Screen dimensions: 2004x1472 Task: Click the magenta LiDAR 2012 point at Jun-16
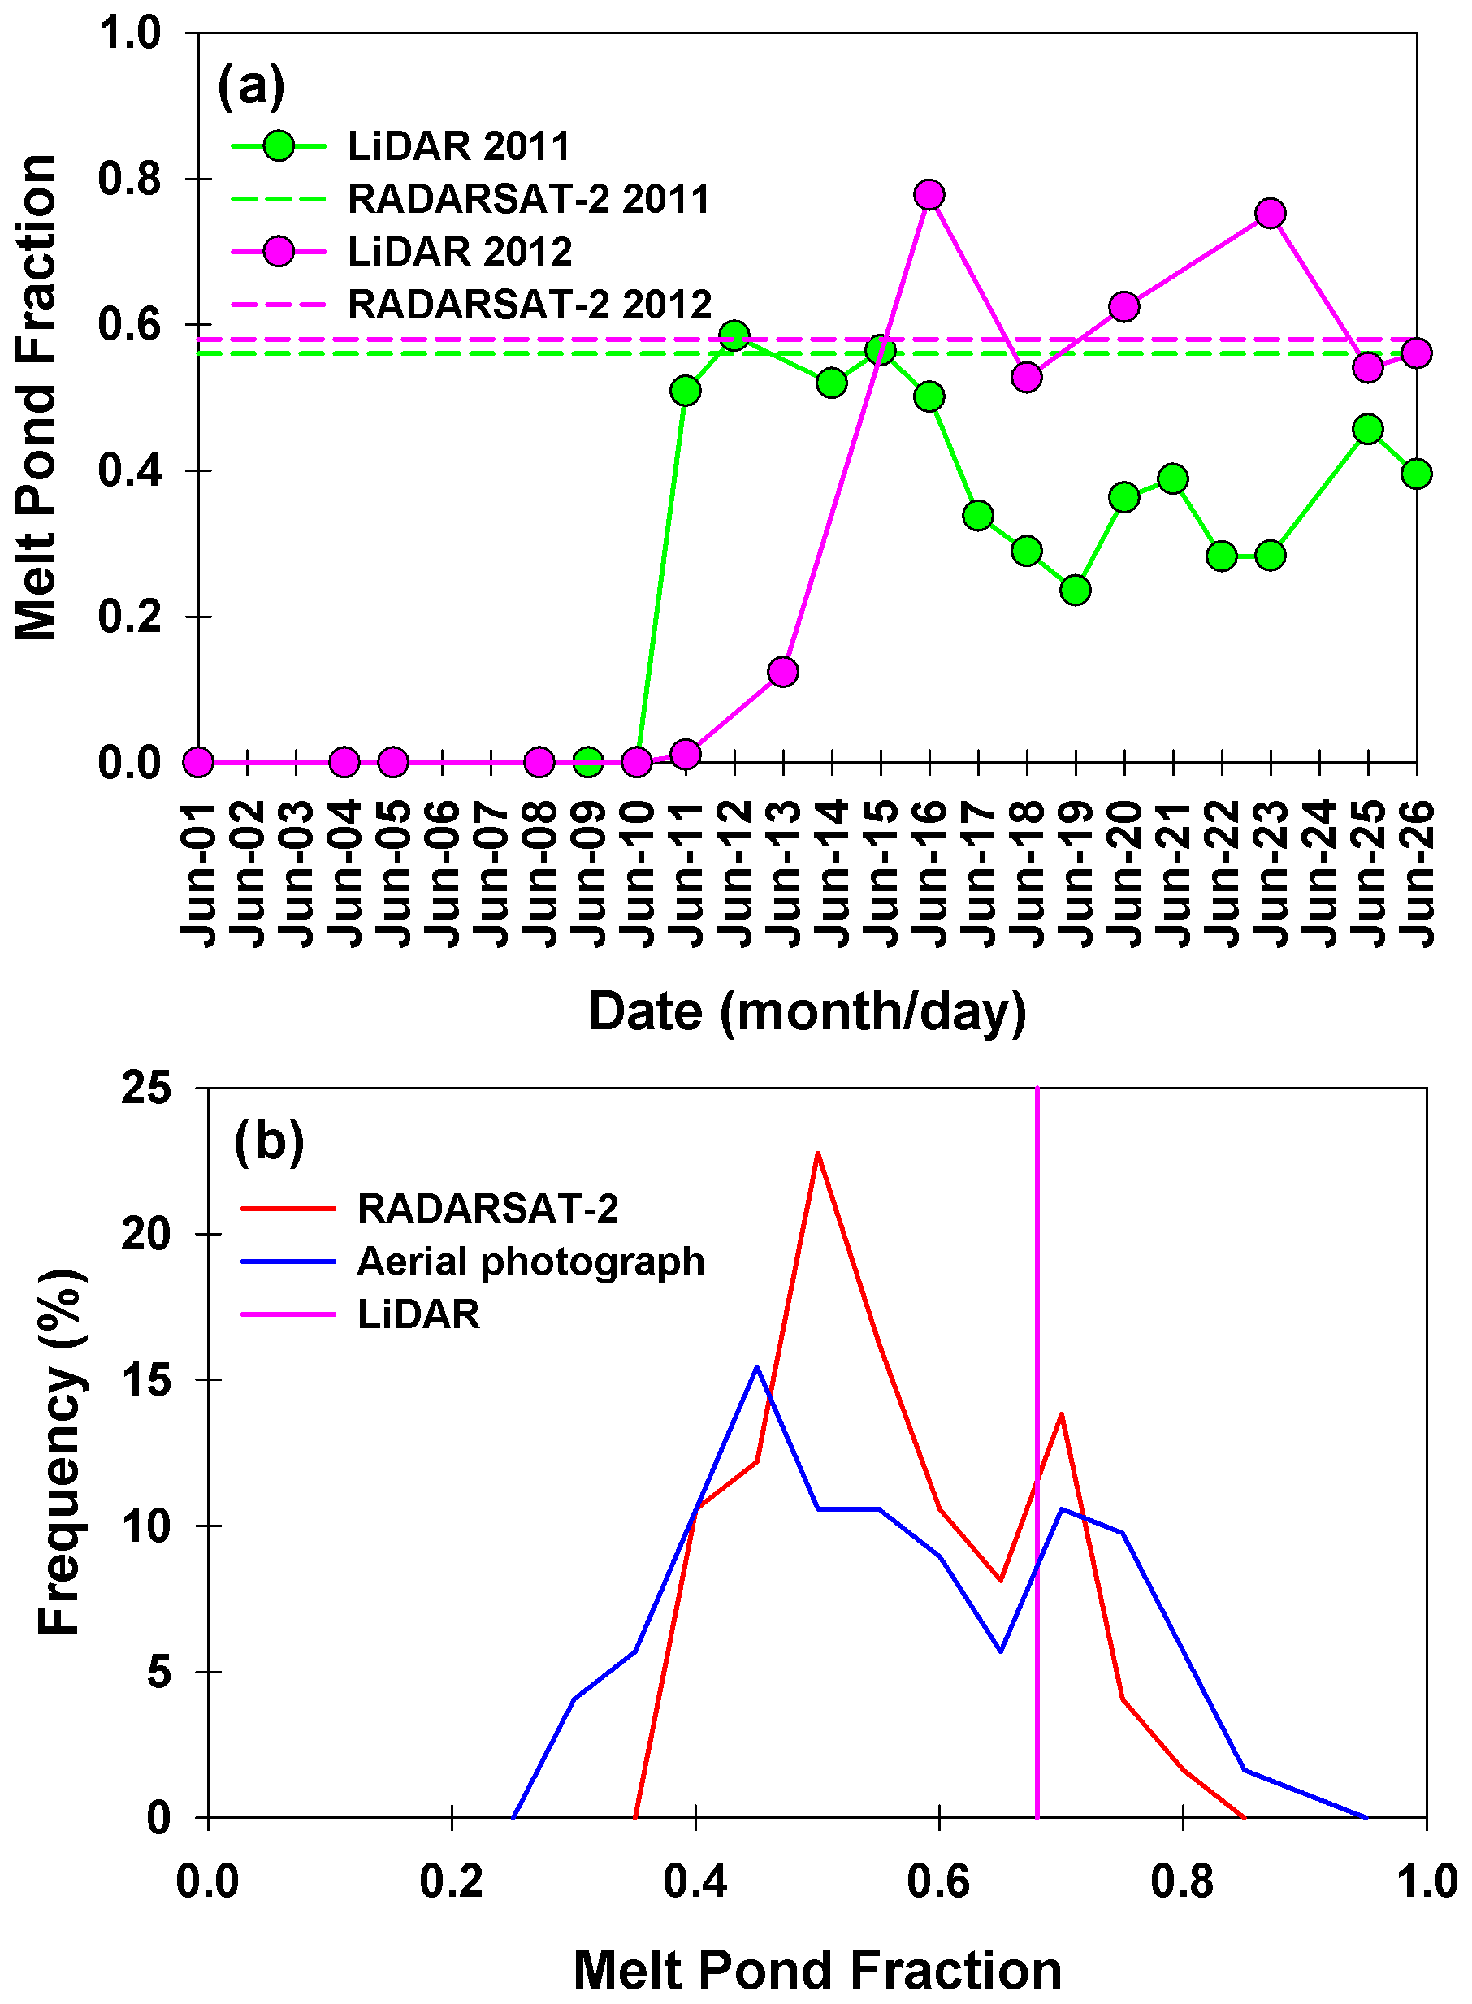[929, 194]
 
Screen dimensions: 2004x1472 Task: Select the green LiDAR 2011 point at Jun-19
[1076, 590]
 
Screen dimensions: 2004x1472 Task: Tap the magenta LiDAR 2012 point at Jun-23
[1271, 213]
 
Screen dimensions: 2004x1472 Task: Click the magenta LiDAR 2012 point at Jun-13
[782, 672]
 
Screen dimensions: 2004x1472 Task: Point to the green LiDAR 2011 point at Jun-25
[1368, 430]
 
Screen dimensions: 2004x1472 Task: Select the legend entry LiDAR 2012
[460, 252]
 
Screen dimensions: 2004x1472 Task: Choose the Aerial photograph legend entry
[530, 1262]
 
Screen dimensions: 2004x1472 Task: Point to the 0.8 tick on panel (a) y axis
[129, 179]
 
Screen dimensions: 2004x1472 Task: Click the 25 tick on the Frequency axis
[147, 1088]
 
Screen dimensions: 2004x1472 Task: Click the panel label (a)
[251, 86]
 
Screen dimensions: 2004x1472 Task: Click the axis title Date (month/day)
[807, 1011]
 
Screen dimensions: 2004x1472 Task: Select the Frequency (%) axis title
[61, 1452]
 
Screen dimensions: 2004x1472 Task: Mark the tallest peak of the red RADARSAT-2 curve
[817, 1153]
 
